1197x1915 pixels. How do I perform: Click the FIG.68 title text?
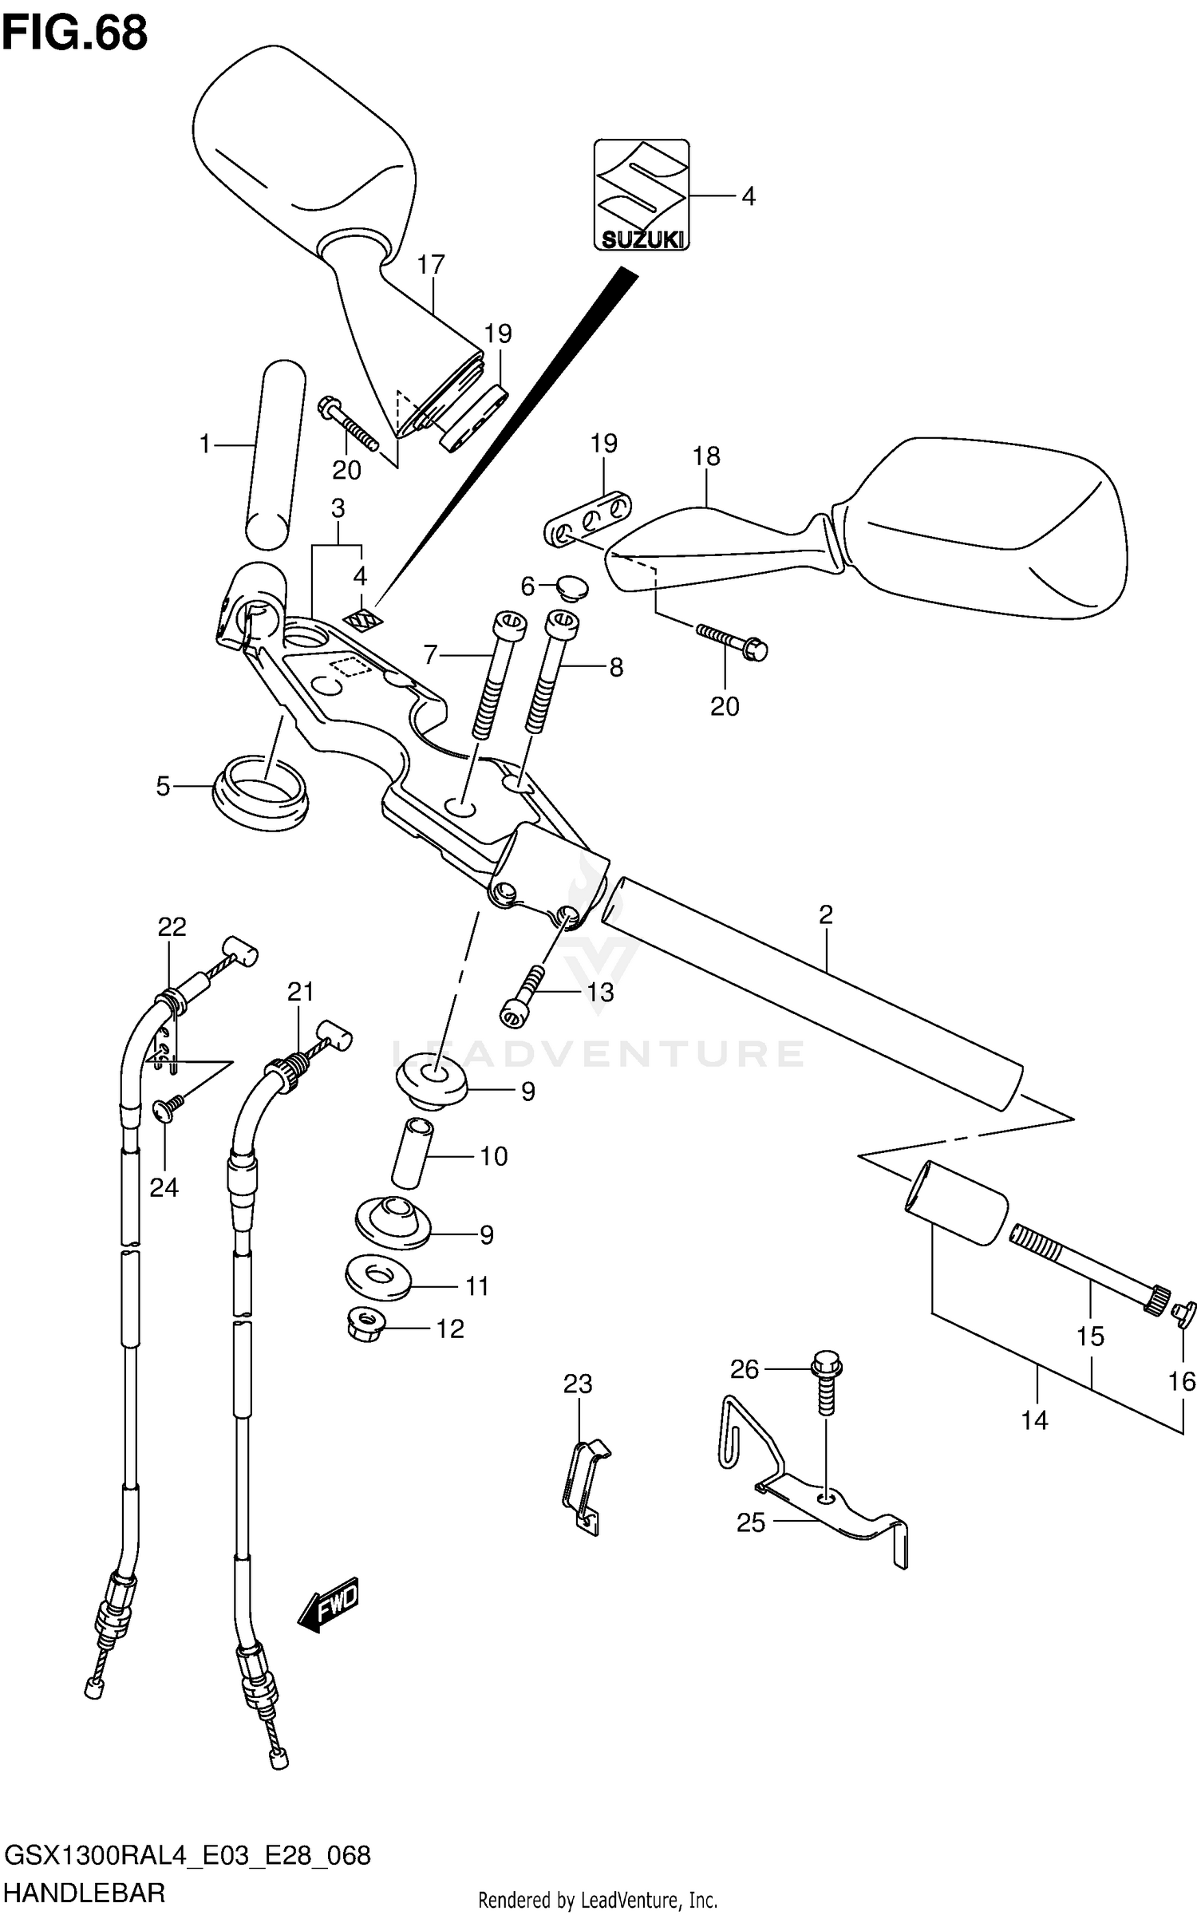tap(75, 34)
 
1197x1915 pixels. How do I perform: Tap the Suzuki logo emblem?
tap(641, 195)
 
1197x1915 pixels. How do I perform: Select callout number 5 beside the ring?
tap(163, 787)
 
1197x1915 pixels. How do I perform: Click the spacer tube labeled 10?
tap(412, 1155)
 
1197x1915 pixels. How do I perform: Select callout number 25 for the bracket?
tap(750, 1522)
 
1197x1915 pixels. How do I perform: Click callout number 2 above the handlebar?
tap(825, 914)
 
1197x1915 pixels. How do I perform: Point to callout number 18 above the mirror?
tap(706, 456)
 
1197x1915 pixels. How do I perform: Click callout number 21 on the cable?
tap(300, 992)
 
